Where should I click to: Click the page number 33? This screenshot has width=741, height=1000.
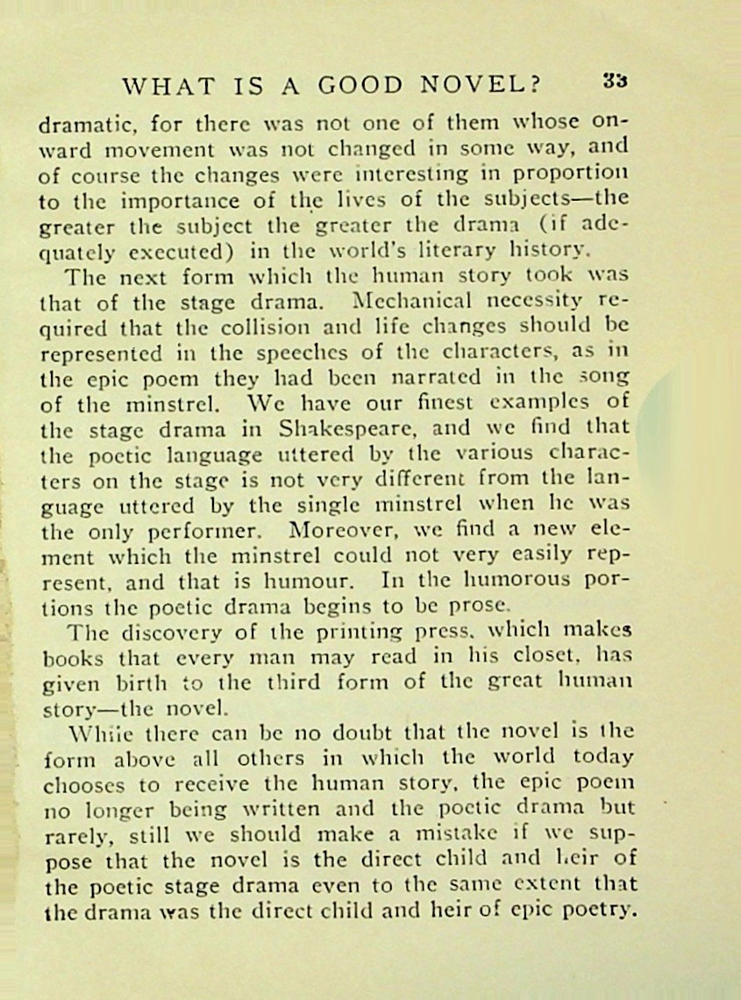[615, 80]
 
